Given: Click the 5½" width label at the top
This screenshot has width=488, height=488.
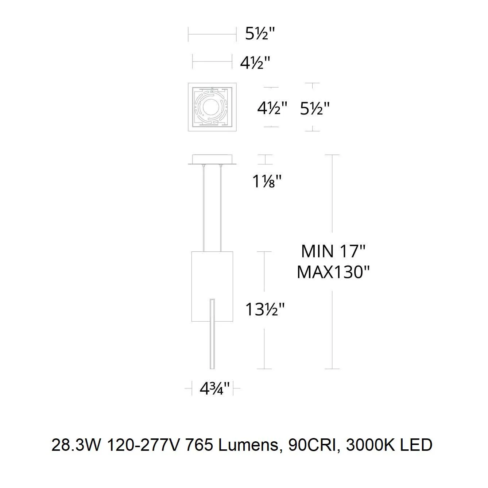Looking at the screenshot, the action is (x=260, y=34).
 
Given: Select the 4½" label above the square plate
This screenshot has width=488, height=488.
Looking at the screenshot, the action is (x=255, y=63).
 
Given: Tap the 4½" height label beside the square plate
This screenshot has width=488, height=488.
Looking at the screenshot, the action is (x=272, y=108).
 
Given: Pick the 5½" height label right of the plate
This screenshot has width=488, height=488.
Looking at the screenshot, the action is (x=315, y=109).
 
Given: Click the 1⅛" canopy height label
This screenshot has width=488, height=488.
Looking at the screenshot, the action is (x=267, y=181).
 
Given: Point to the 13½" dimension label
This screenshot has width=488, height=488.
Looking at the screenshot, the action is (x=265, y=309).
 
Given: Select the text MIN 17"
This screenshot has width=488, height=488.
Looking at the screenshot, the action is (x=333, y=251).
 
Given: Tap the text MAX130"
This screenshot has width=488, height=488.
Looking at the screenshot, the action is (x=333, y=272).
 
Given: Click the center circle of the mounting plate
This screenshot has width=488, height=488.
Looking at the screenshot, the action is (x=210, y=107).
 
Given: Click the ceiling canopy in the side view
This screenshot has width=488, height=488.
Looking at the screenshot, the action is (x=212, y=159).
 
